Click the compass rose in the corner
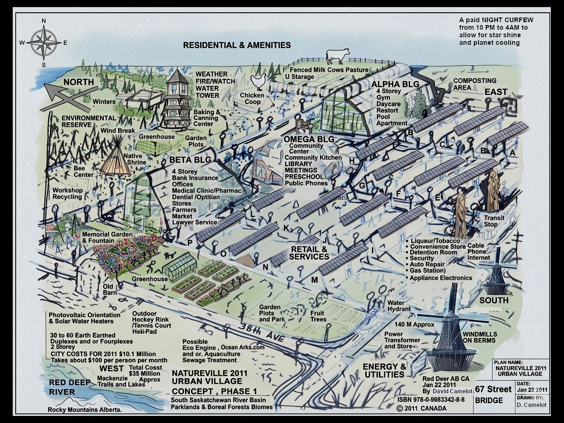point(44,42)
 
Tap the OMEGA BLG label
point(309,139)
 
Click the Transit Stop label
point(494,221)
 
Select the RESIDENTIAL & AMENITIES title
point(237,45)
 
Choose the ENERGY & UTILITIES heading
point(384,371)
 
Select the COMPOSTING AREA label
point(474,84)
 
